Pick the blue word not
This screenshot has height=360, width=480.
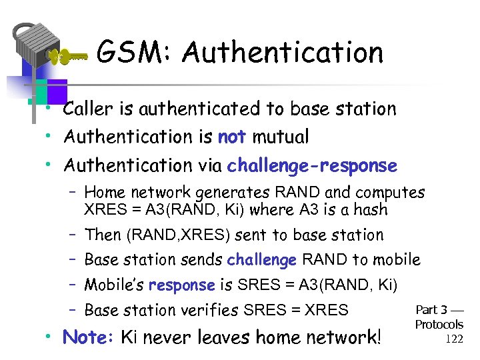(x=232, y=137)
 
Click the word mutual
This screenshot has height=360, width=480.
(x=280, y=137)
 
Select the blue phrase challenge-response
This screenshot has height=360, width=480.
(x=312, y=165)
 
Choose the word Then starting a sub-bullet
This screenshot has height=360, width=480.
(x=103, y=235)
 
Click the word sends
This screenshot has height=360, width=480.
(x=202, y=260)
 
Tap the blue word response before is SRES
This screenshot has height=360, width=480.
(x=182, y=285)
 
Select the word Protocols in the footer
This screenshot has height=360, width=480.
(x=439, y=325)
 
